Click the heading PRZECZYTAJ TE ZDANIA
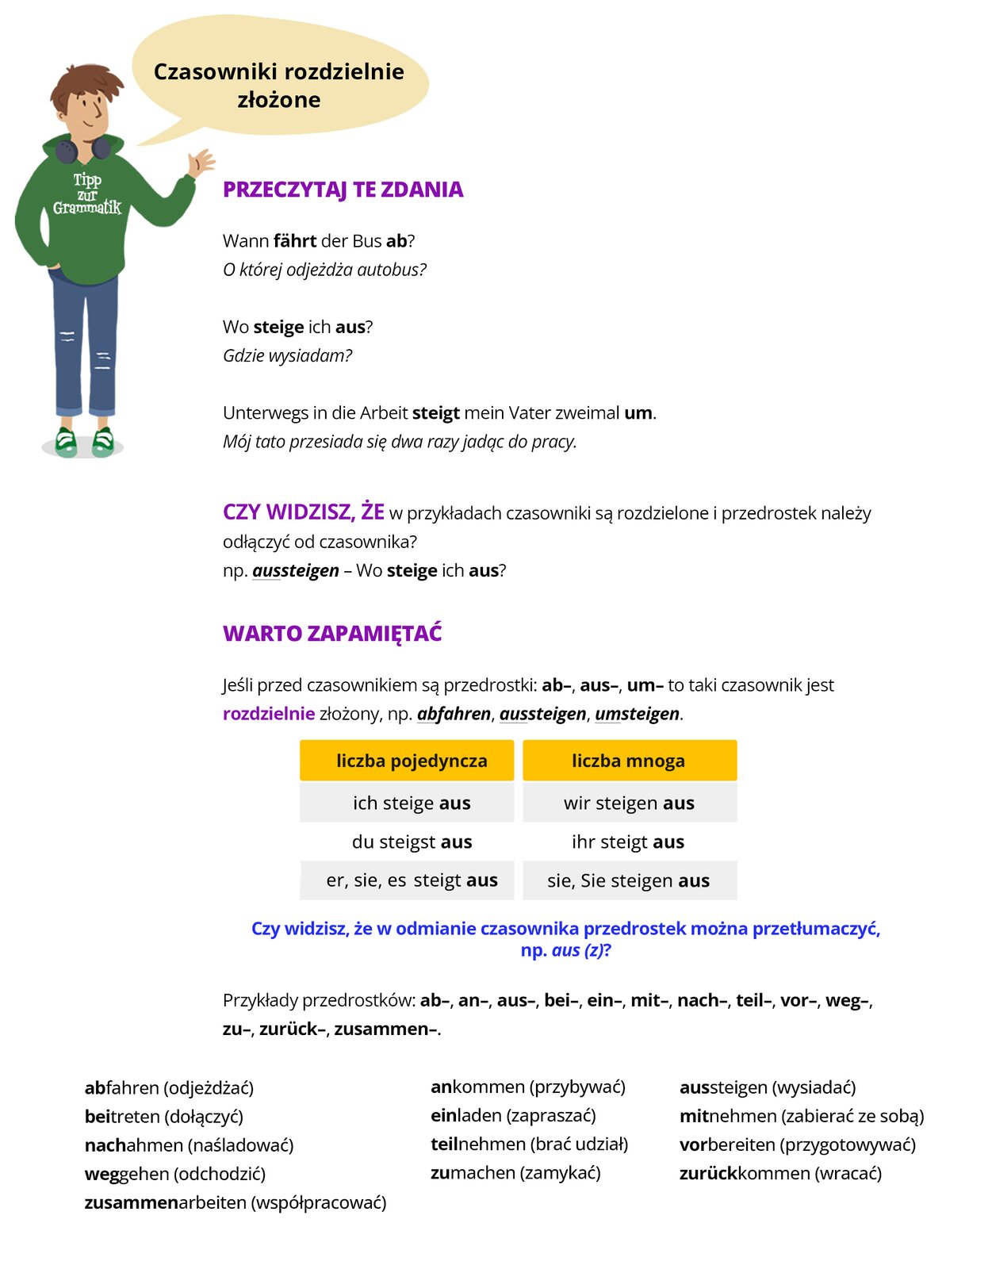[343, 190]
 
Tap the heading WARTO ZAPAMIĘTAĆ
[332, 634]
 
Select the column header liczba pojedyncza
[411, 761]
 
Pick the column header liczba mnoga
[628, 761]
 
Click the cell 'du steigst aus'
[412, 842]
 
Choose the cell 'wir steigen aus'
[629, 803]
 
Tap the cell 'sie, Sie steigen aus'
[628, 880]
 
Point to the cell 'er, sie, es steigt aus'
[412, 880]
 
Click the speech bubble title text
[278, 85]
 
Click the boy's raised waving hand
[200, 162]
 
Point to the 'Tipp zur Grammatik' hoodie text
[87, 194]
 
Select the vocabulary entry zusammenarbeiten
[236, 1202]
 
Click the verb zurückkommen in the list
[780, 1173]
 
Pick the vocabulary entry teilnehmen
[529, 1144]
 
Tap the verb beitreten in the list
[163, 1117]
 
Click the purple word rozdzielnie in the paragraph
[269, 714]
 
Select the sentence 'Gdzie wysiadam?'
[287, 355]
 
